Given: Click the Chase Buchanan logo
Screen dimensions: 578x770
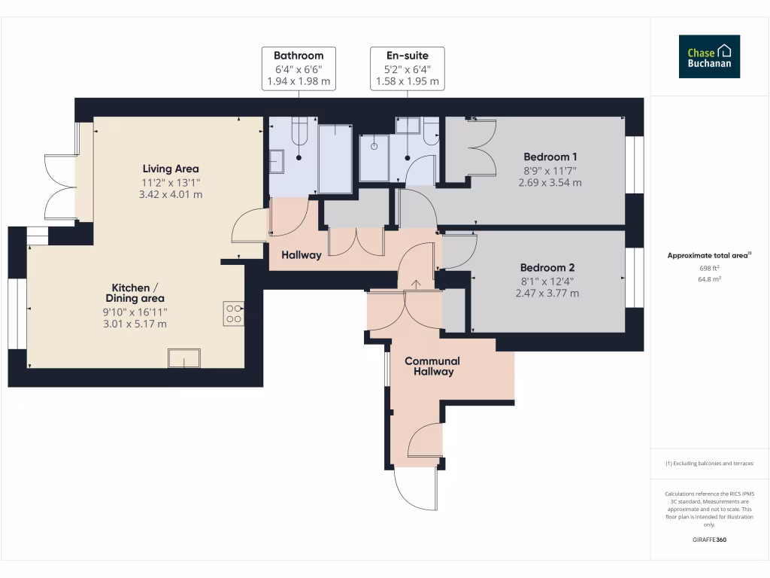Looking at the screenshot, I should tap(709, 56).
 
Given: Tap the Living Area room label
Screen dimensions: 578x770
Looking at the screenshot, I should tap(171, 169).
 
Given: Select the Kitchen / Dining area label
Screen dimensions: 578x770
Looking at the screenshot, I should tap(135, 293).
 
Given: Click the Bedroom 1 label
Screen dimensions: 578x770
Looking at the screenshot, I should tap(550, 157).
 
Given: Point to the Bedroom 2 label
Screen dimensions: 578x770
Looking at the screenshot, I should tap(547, 267).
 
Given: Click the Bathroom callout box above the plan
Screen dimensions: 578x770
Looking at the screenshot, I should tap(299, 68).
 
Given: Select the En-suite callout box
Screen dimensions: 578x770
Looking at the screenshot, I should tap(408, 68).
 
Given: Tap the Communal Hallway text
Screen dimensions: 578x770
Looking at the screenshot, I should tap(432, 366).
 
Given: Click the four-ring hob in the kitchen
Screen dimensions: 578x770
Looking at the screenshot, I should tap(233, 313).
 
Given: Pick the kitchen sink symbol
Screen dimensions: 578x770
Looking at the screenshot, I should tap(184, 357).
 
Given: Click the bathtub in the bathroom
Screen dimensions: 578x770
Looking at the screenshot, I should tap(335, 159).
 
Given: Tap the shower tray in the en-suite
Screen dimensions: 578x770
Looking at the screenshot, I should tap(374, 157).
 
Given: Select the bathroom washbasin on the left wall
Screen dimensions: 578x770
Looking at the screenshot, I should tap(276, 161).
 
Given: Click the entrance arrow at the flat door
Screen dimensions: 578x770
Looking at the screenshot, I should tap(415, 284).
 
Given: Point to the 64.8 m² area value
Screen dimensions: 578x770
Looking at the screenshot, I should tap(709, 279).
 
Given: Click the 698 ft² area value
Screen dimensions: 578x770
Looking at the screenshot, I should tap(709, 268).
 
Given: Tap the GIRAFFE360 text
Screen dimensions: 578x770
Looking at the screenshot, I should tap(709, 540).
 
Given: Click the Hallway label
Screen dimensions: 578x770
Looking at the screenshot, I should tap(302, 255).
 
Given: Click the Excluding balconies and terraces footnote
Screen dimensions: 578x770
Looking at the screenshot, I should tap(709, 464).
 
